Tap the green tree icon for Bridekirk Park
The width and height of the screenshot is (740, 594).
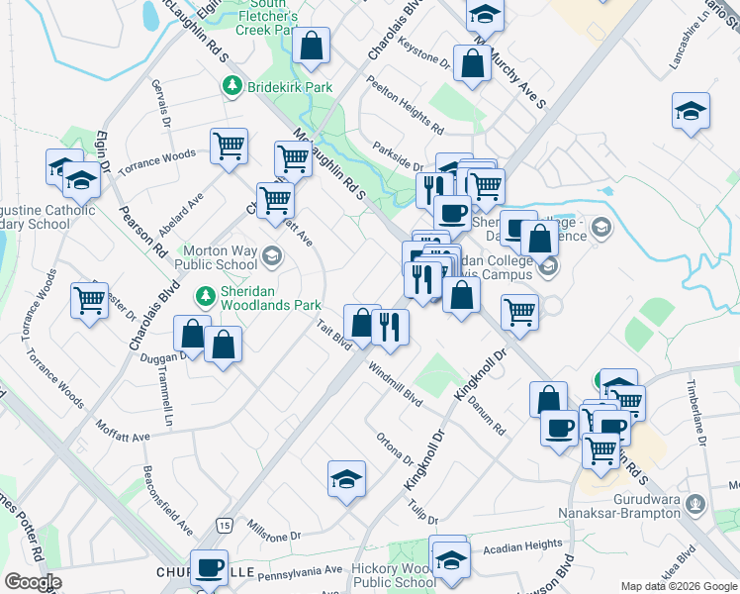[x=232, y=86]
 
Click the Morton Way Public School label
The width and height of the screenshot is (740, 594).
[x=216, y=257]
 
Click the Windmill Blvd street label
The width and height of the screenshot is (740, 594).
[x=395, y=384]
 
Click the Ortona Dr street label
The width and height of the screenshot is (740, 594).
[x=395, y=448]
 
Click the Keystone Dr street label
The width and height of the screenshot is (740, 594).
[x=423, y=53]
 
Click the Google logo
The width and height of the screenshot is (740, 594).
[x=33, y=582]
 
